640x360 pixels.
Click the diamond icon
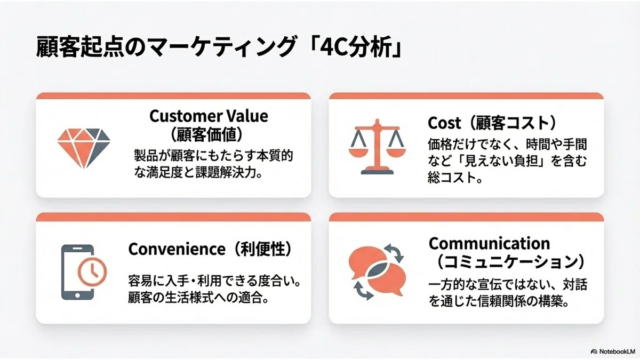click(x=84, y=148)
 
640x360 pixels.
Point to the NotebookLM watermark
click(x=612, y=351)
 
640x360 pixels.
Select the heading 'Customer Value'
click(x=209, y=116)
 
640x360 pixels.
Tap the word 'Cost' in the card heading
click(x=444, y=123)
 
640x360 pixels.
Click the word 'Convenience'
click(x=177, y=249)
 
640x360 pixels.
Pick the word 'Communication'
click(x=489, y=243)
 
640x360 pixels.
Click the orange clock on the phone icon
click(x=92, y=271)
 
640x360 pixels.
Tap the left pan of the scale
click(x=358, y=151)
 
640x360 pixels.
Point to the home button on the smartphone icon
click(x=77, y=295)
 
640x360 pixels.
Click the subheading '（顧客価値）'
click(x=206, y=134)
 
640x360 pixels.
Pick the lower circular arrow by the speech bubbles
click(x=363, y=291)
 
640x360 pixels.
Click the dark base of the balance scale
click(x=377, y=172)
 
